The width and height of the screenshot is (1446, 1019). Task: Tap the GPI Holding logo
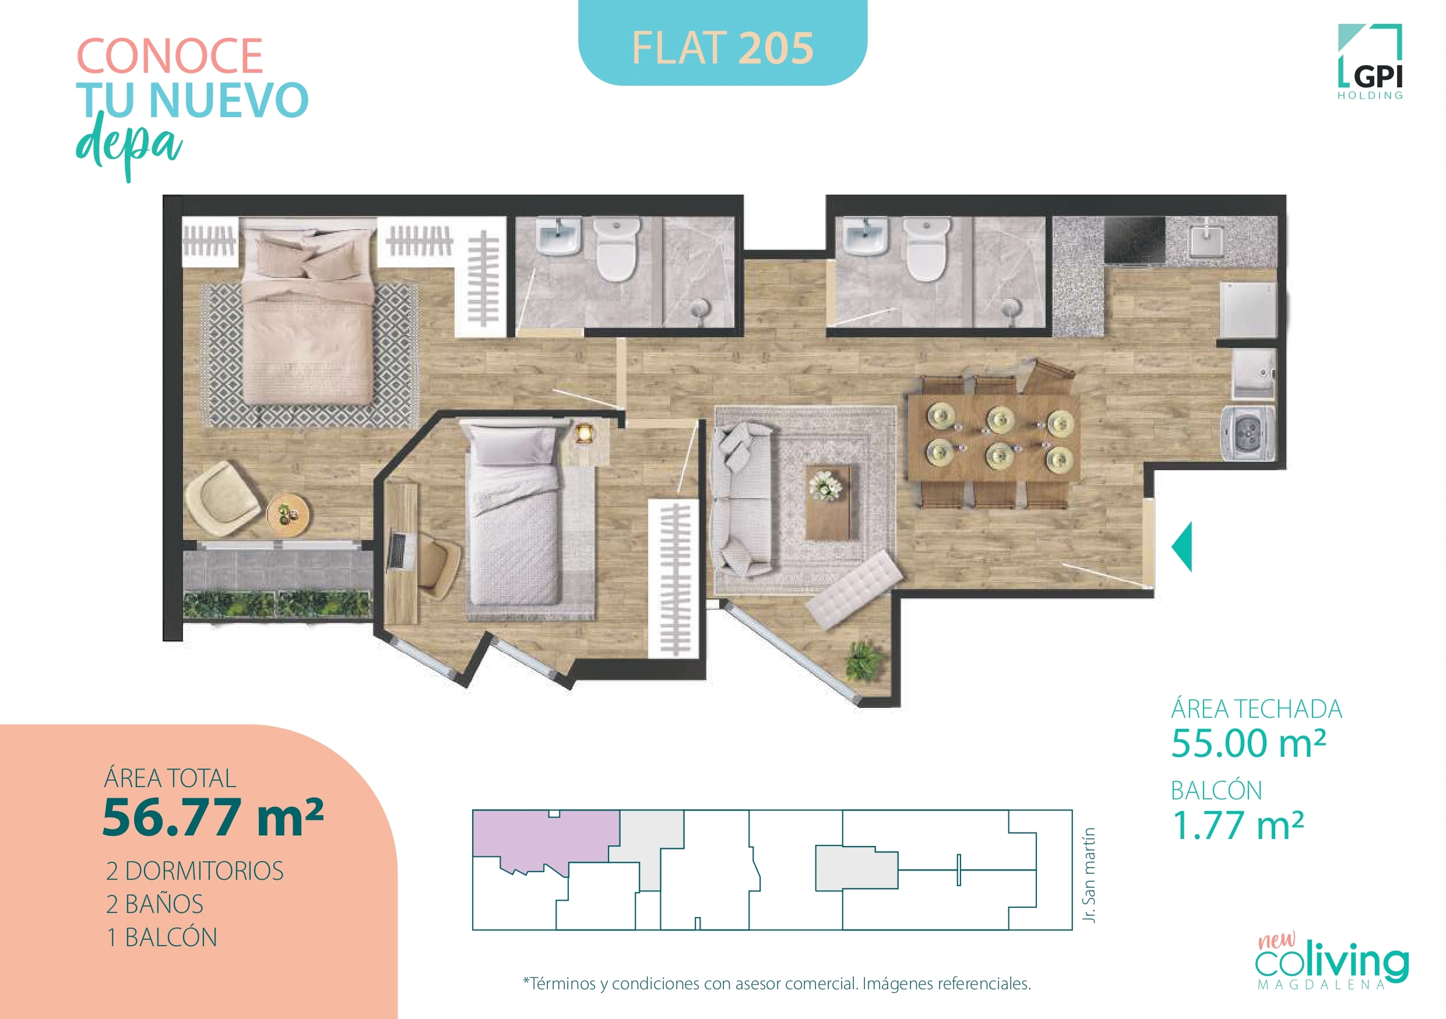[x=1370, y=63]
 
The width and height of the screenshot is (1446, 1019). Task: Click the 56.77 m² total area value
[x=212, y=817]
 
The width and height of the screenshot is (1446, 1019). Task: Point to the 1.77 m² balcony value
[x=1237, y=825]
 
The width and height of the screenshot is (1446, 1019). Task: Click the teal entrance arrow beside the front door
[x=1182, y=546]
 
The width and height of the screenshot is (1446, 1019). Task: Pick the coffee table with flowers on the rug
[x=831, y=501]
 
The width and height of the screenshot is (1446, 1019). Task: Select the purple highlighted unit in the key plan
[x=541, y=837]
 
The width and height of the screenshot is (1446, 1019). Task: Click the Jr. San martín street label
[x=1089, y=875]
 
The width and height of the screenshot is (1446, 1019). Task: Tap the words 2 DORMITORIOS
[x=195, y=871]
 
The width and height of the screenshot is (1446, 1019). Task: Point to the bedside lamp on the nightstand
[x=585, y=433]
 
